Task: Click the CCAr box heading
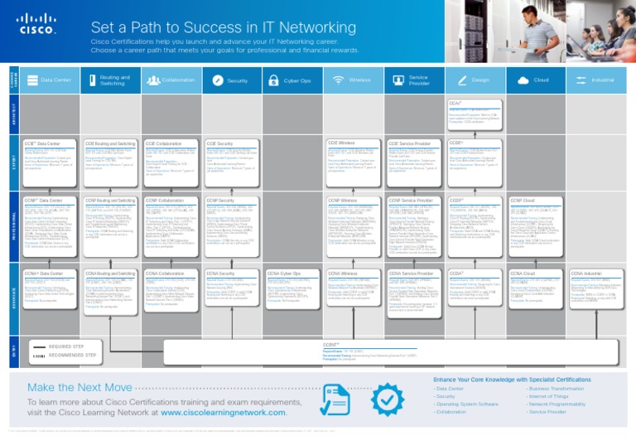point(455,104)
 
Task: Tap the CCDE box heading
point(455,143)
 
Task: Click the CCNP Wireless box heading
point(348,200)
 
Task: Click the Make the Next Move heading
point(79,388)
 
